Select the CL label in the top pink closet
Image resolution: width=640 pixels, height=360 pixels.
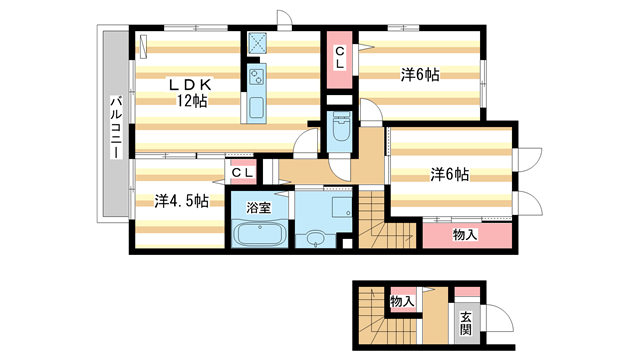[x=340, y=57]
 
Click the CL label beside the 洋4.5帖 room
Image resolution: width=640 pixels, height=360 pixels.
[x=242, y=173]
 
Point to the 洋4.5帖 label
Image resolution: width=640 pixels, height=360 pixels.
[x=181, y=201]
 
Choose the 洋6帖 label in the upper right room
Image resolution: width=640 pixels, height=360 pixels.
[x=421, y=75]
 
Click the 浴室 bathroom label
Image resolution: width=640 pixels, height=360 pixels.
[x=259, y=210]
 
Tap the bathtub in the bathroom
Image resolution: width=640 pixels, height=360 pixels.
[x=259, y=236]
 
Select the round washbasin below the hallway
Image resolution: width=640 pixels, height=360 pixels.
[x=317, y=238]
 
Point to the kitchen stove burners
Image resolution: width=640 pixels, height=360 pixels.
[x=254, y=76]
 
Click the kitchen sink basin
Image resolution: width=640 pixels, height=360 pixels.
[x=254, y=106]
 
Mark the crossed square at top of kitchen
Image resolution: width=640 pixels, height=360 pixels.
[x=256, y=43]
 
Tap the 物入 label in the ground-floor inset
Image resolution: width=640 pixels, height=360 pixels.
[x=401, y=300]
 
